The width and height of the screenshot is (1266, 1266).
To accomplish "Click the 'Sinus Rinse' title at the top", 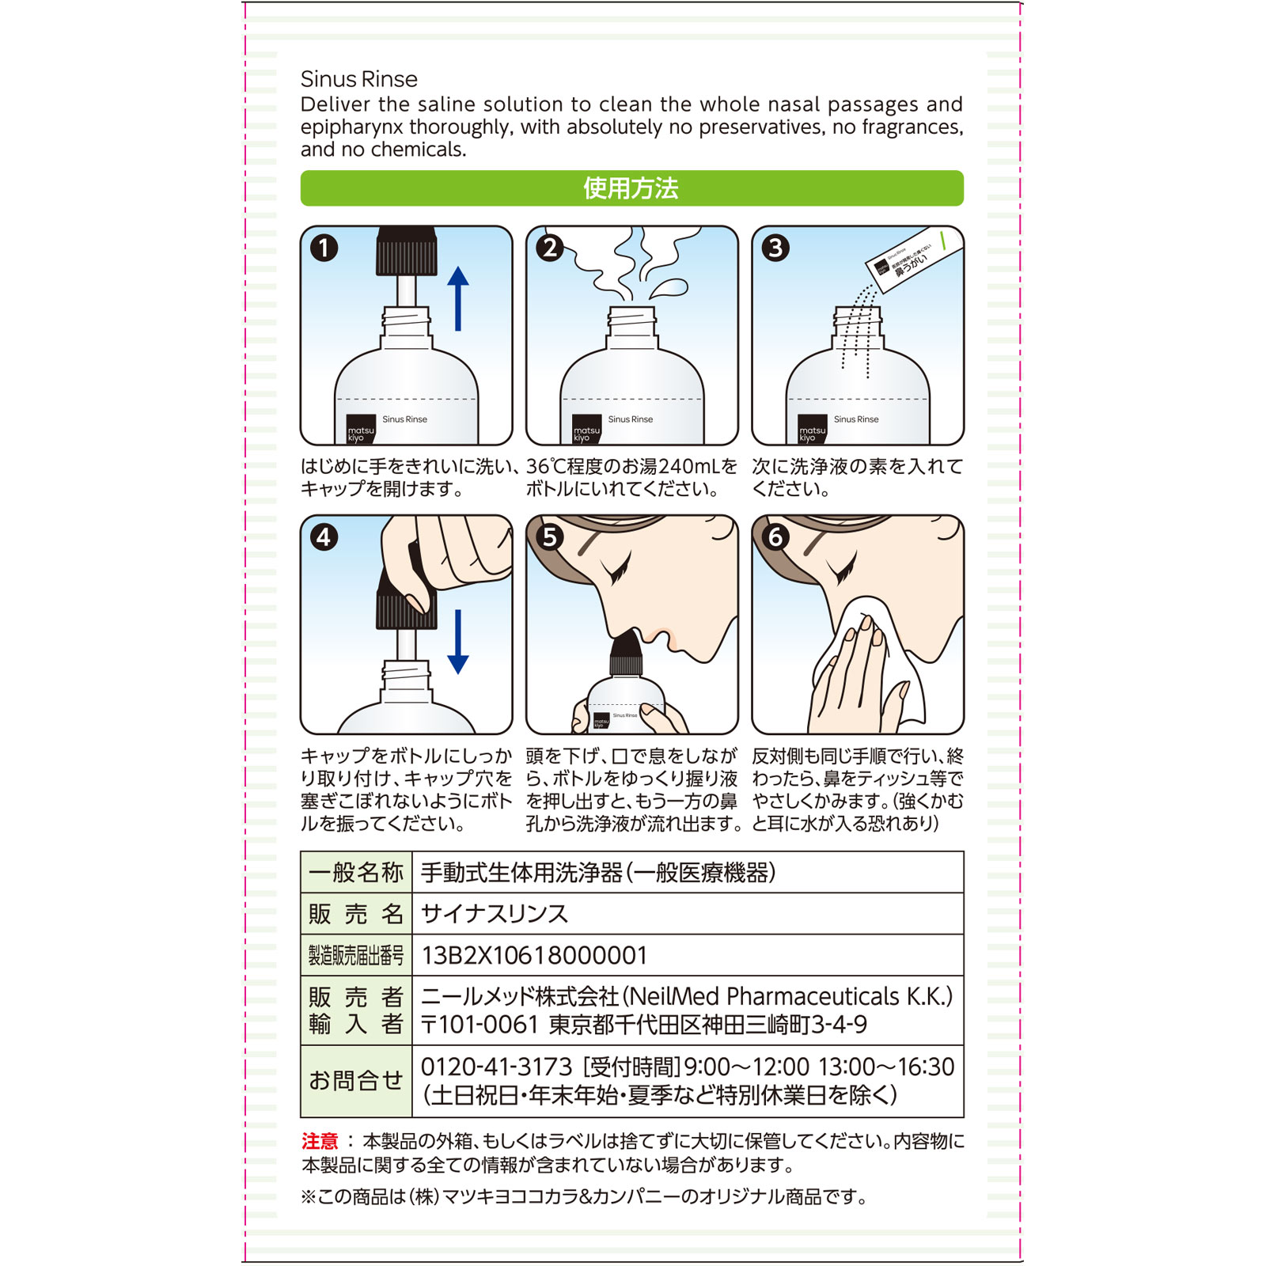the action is (358, 79).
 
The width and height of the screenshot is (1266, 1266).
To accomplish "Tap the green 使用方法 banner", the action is (631, 188).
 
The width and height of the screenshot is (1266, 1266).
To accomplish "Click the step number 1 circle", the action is (324, 248).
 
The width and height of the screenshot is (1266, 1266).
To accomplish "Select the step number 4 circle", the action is (324, 537).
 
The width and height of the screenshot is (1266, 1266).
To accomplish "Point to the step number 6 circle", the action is (775, 537).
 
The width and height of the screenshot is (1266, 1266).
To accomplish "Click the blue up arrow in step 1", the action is (458, 298).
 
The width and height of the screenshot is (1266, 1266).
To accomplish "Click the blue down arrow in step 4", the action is (458, 642).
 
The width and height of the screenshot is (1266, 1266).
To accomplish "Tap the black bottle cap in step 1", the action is (407, 251).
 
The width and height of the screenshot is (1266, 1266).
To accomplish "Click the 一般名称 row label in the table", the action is (356, 873).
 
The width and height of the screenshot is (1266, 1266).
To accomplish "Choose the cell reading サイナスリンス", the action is (495, 914).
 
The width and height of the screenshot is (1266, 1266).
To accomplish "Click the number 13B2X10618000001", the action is (534, 956).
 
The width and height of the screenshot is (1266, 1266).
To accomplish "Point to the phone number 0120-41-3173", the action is (496, 1067).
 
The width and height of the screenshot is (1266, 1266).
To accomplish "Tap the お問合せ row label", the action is (356, 1081).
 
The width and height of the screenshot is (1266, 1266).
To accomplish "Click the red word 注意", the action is (320, 1141).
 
